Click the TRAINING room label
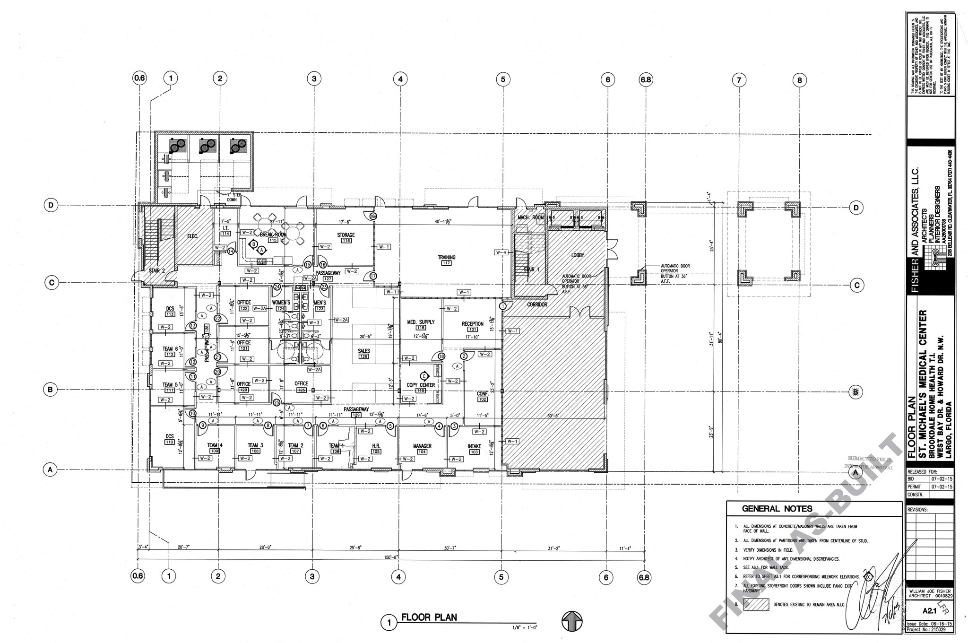tap(446, 258)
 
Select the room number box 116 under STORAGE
tap(346, 241)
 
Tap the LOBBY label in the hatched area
tap(578, 255)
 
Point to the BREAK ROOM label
tap(273, 235)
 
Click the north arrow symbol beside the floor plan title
tap(572, 621)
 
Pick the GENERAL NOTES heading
tap(777, 509)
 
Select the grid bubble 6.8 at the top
tap(645, 79)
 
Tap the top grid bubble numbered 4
tap(400, 79)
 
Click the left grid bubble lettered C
tap(51, 283)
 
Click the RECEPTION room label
tap(472, 324)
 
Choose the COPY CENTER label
tap(420, 385)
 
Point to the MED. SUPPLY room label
tap(420, 322)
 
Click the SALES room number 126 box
tap(363, 356)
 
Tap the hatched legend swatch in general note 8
tap(756, 605)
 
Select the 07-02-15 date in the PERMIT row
tap(942, 487)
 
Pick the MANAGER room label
tap(422, 446)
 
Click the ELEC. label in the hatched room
tap(192, 236)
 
